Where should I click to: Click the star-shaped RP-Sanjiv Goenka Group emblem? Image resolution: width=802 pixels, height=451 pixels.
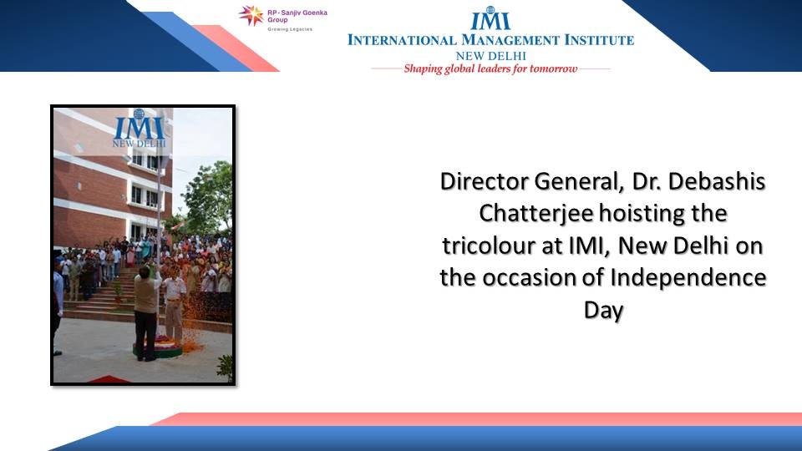(251, 15)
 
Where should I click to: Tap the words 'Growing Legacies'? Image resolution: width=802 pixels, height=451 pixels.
(290, 29)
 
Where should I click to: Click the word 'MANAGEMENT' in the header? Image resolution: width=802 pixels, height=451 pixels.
(510, 40)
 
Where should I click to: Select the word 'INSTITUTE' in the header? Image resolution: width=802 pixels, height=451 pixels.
(599, 40)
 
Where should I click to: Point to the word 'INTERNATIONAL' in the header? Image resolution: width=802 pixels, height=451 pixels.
(402, 40)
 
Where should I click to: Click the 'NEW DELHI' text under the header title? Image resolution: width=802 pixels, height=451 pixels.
(491, 56)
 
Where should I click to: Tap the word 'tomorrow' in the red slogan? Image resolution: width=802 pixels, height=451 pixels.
(553, 68)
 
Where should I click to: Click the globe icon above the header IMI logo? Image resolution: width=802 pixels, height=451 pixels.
(490, 10)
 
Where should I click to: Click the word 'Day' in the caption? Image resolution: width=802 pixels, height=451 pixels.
(603, 311)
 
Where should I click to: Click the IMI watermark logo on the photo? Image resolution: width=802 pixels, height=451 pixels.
(140, 129)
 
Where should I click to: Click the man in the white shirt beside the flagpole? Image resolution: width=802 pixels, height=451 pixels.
(174, 302)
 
